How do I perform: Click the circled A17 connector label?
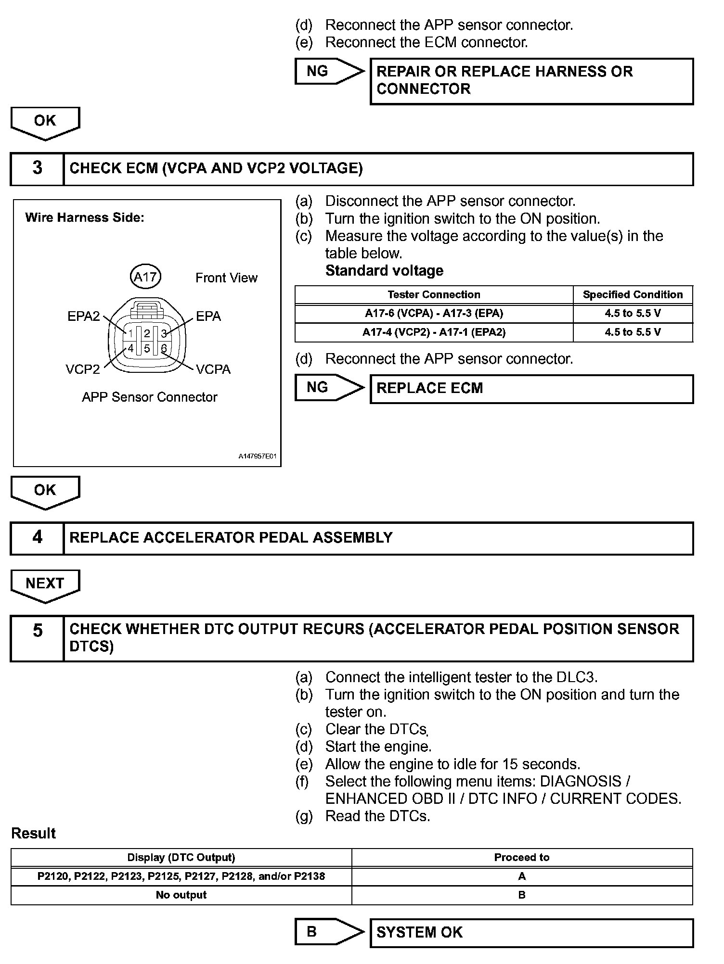pyautogui.click(x=145, y=277)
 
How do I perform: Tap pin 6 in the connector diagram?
pyautogui.click(x=164, y=348)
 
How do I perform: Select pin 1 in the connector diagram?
pyautogui.click(x=130, y=333)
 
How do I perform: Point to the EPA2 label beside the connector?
pyautogui.click(x=83, y=316)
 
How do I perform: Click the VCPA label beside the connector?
pyautogui.click(x=213, y=369)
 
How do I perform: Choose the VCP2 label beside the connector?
pyautogui.click(x=83, y=369)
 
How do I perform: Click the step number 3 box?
pyautogui.click(x=37, y=168)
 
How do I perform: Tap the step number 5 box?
pyautogui.click(x=37, y=638)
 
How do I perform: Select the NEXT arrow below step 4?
pyautogui.click(x=45, y=584)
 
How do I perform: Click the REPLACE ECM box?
pyautogui.click(x=531, y=388)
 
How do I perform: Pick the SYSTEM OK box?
pyautogui.click(x=531, y=932)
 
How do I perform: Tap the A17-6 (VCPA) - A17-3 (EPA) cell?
pyautogui.click(x=434, y=314)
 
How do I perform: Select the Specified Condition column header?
pyautogui.click(x=633, y=294)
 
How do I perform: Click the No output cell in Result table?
pyautogui.click(x=181, y=895)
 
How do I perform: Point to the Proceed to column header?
pyautogui.click(x=522, y=857)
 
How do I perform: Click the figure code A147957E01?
pyautogui.click(x=258, y=456)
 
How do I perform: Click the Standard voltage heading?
pyautogui.click(x=384, y=271)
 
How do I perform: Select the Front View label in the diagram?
pyautogui.click(x=226, y=278)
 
